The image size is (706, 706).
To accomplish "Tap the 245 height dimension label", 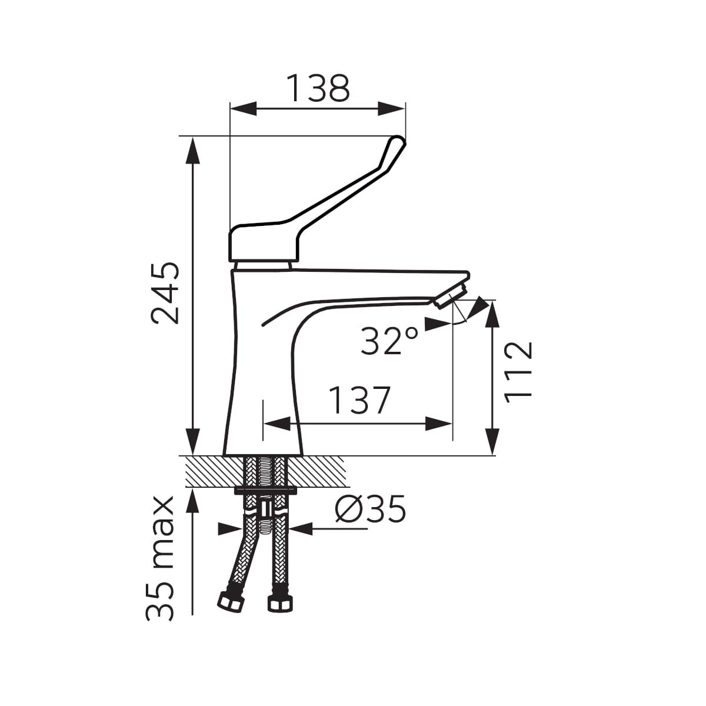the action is click(x=165, y=293).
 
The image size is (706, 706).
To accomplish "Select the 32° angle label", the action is click(x=389, y=341).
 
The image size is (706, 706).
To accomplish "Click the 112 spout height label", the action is click(x=518, y=372).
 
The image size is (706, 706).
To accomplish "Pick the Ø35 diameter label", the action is click(x=371, y=509).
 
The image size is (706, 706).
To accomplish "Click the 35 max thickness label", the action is click(x=160, y=558).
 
